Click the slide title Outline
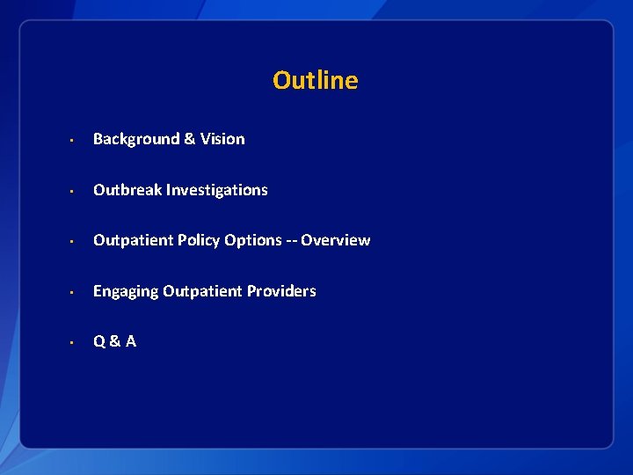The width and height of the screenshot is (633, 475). click(315, 80)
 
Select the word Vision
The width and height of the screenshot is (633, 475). click(222, 139)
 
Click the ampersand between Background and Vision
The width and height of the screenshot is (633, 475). click(189, 139)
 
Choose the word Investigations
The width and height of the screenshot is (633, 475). click(217, 190)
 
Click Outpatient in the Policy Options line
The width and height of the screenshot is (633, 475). click(132, 240)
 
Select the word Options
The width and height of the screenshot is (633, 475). click(253, 240)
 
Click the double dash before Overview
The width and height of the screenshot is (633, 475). click(291, 240)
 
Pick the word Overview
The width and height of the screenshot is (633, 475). click(336, 240)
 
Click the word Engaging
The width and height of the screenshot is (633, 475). click(126, 291)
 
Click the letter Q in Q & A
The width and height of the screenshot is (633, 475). click(99, 341)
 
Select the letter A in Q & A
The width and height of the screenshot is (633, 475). click(131, 341)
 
